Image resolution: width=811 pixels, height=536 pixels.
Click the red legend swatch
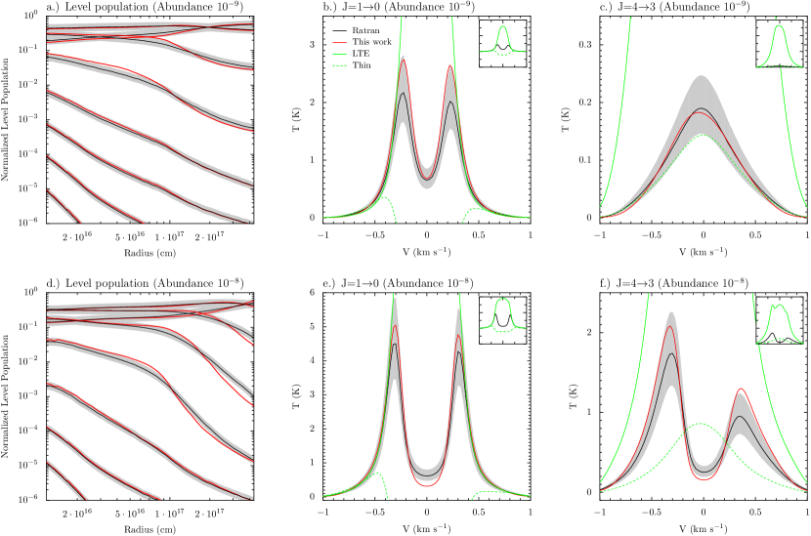click(x=339, y=43)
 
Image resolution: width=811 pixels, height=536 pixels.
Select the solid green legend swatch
click(x=339, y=55)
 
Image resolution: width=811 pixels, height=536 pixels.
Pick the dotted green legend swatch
click(x=339, y=65)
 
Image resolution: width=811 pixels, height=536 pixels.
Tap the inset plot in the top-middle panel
click(x=502, y=43)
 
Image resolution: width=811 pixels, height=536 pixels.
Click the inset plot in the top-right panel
click(x=779, y=43)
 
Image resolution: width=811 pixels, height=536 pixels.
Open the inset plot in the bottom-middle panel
click(x=502, y=320)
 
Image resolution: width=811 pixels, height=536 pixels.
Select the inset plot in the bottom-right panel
click(x=779, y=320)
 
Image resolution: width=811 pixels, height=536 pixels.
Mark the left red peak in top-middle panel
click(x=403, y=62)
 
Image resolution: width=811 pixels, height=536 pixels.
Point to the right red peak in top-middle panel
click(x=450, y=67)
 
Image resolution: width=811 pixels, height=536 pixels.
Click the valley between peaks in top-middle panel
click(x=427, y=179)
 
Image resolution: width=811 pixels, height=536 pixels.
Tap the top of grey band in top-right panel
click(x=702, y=76)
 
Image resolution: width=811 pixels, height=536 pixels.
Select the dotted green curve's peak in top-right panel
click(x=703, y=136)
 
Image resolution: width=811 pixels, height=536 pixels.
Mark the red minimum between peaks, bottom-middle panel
click(x=426, y=484)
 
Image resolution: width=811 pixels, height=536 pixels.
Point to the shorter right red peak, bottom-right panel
click(x=741, y=390)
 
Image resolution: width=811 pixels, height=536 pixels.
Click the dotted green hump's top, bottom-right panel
click(x=701, y=424)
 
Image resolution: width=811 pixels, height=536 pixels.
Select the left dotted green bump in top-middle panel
click(x=383, y=198)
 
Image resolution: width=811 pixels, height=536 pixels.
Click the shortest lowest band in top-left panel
click(x=63, y=205)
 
